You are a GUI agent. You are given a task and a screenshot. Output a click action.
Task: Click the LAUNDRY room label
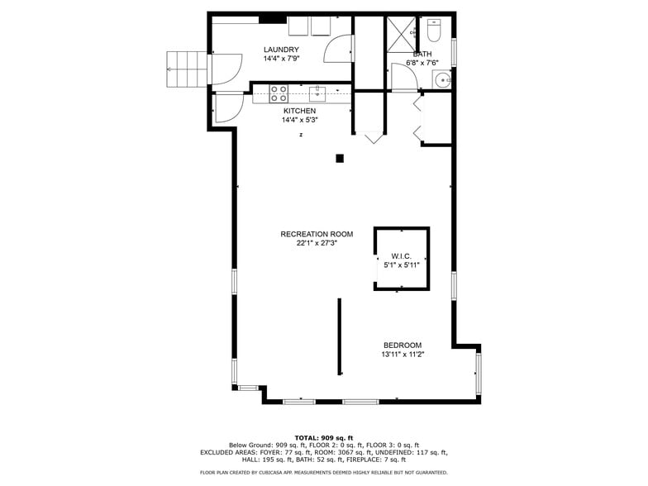281,50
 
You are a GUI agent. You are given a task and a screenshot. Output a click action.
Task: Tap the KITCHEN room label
299,111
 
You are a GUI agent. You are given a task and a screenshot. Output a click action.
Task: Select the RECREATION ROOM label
317,234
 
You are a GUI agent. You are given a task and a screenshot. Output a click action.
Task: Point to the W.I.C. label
402,256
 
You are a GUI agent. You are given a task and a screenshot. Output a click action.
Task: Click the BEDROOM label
403,345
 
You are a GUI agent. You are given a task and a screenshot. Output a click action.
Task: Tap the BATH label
422,54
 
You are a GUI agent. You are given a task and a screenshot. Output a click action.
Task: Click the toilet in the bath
435,31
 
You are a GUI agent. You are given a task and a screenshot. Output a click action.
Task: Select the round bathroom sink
443,80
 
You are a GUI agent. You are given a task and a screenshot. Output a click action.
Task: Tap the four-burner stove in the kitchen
279,93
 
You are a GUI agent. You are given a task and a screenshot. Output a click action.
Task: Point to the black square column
340,159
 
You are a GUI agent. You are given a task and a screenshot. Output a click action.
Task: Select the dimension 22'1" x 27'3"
317,244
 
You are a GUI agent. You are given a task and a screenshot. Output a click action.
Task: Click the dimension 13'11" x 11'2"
403,355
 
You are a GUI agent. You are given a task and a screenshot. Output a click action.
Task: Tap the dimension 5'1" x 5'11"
402,265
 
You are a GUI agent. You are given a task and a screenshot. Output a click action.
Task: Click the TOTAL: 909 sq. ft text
324,437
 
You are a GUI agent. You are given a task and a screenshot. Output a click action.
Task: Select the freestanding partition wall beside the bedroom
339,337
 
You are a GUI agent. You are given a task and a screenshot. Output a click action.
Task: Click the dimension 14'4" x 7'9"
281,59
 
